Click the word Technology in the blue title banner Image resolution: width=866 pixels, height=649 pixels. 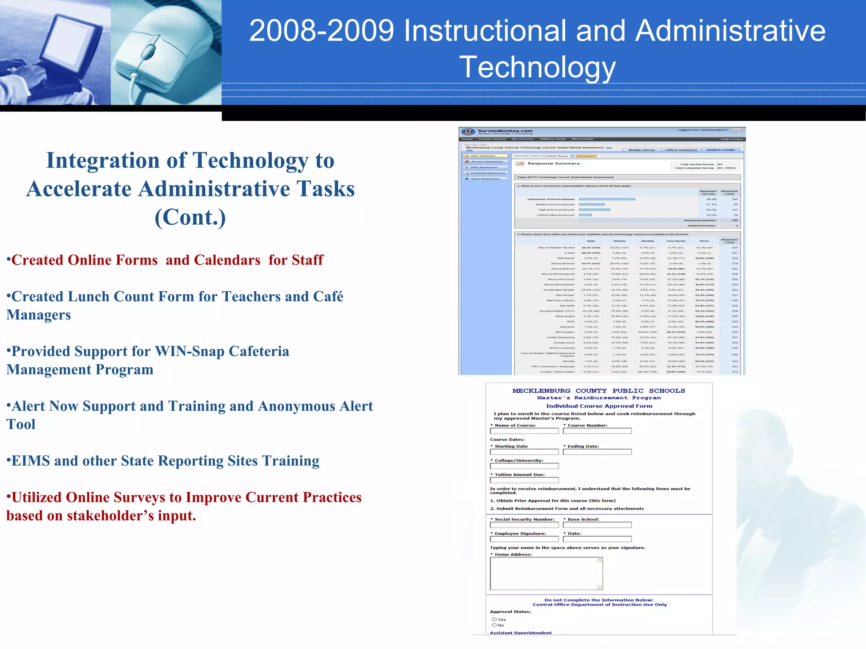click(537, 67)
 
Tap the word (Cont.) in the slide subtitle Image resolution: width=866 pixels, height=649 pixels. click(190, 217)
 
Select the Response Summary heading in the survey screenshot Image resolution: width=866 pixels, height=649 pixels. click(554, 164)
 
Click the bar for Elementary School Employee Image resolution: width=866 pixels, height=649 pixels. click(607, 199)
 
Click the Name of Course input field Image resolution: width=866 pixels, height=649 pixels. click(524, 431)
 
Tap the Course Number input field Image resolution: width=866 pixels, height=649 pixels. click(597, 431)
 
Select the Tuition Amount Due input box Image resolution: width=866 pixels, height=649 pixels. click(524, 480)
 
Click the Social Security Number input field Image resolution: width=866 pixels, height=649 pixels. click(524, 525)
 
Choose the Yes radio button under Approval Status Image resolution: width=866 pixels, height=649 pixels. click(494, 619)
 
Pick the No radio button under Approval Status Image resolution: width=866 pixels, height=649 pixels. click(494, 625)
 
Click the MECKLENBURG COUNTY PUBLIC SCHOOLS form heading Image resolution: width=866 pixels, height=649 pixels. click(598, 391)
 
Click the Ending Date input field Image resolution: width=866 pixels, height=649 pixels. click(597, 452)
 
